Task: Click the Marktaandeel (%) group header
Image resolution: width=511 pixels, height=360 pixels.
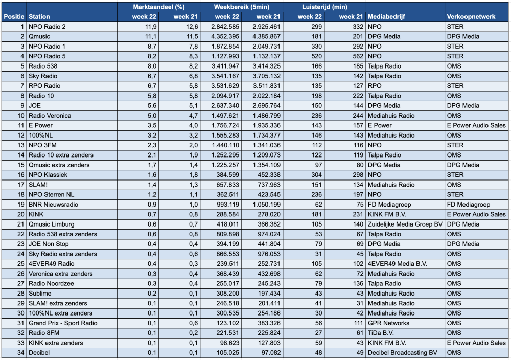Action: [159, 7]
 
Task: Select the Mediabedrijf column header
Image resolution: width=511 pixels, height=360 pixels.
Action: [386, 17]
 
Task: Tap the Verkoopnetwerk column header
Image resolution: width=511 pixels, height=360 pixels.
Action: [471, 17]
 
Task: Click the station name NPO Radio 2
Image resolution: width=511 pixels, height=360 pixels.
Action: [47, 27]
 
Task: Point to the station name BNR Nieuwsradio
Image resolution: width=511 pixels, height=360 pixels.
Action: [54, 205]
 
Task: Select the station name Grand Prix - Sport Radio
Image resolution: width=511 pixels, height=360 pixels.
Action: [63, 323]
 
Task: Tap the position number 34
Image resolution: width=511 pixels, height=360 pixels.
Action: [21, 353]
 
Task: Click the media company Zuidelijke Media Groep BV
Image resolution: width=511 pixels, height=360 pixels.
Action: [405, 224]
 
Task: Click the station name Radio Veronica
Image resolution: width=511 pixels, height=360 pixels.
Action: [50, 116]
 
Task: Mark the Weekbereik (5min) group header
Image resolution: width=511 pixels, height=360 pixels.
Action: [242, 7]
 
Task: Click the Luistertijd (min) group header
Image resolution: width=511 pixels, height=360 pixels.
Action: [324, 7]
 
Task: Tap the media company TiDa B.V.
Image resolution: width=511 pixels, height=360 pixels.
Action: [381, 333]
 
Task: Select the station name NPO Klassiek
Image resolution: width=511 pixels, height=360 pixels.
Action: [48, 175]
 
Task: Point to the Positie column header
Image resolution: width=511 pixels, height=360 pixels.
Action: [14, 17]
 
